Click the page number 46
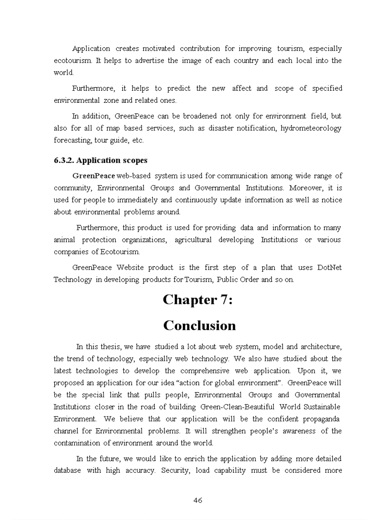(x=197, y=500)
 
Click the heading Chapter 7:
(x=198, y=300)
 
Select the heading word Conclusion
(x=199, y=326)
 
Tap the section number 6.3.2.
(x=64, y=160)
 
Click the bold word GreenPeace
(x=94, y=176)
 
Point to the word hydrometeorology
(x=311, y=128)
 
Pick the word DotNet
(x=329, y=268)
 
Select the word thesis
(x=111, y=346)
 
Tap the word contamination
(x=76, y=443)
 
